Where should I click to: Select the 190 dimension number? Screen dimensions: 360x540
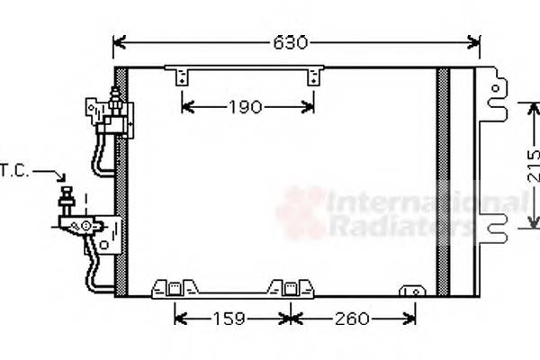[244, 108]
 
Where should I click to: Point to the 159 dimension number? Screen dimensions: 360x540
[233, 319]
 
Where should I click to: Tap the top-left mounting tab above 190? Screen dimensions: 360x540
[183, 76]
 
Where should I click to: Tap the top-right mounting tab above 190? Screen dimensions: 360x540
[313, 76]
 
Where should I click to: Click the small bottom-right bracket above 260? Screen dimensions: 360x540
[414, 292]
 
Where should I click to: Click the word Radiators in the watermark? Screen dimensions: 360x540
[396, 226]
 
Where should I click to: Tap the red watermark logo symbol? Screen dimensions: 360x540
[301, 213]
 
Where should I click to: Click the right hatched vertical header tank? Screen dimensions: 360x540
[442, 180]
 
